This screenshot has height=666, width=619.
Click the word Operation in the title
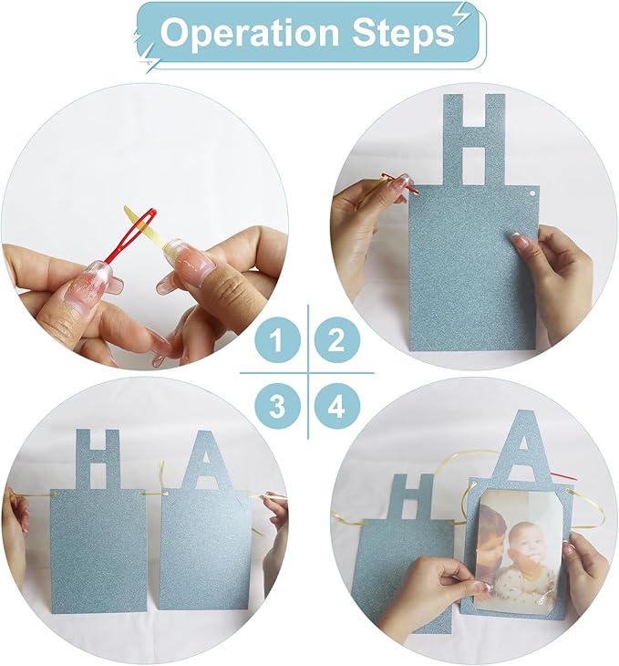(250, 33)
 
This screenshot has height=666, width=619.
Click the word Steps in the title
(403, 32)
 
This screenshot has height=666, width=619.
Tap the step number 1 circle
(278, 339)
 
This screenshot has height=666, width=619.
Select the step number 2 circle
(337, 339)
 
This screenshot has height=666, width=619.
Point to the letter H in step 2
(474, 140)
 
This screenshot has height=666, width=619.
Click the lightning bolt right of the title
(459, 17)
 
